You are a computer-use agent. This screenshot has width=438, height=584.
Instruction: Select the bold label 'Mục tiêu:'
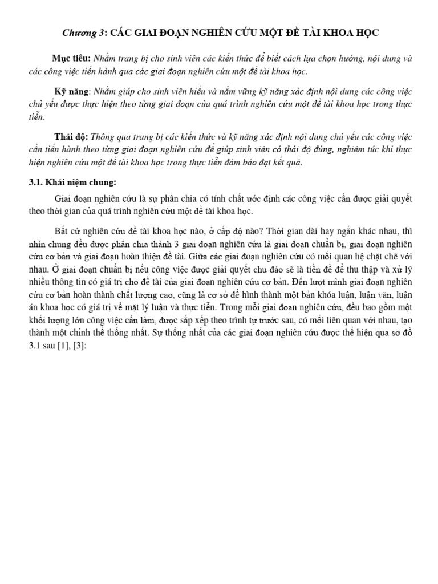pos(71,59)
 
